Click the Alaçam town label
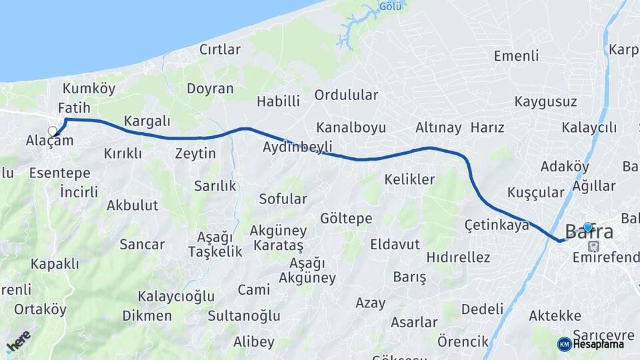click(x=49, y=140)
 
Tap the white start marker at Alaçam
click(x=53, y=131)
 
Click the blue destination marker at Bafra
click(x=587, y=227)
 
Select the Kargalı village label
click(x=147, y=121)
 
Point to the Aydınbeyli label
click(x=297, y=147)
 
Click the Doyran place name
click(x=210, y=89)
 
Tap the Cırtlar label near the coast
click(x=219, y=49)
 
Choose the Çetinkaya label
click(x=497, y=225)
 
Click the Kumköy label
click(x=89, y=89)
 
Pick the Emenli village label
click(x=516, y=56)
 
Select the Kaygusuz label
click(x=545, y=102)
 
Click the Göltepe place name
click(x=346, y=219)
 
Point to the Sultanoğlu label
click(x=244, y=315)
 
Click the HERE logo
click(x=18, y=341)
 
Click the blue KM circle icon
click(x=564, y=344)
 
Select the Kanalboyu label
click(x=351, y=127)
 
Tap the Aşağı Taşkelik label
click(x=215, y=244)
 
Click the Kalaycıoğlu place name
click(x=176, y=296)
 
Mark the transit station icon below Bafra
click(x=593, y=246)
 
